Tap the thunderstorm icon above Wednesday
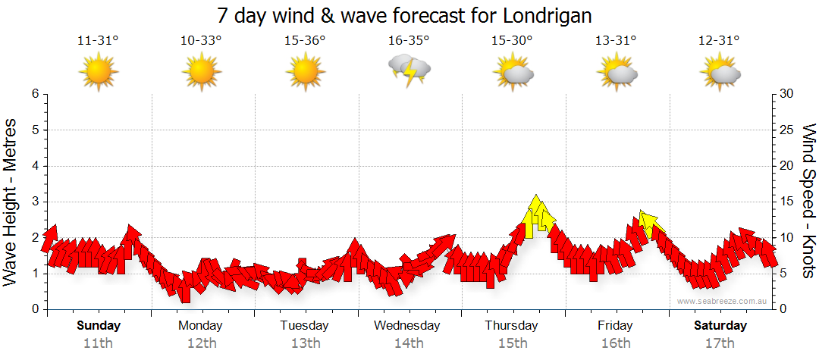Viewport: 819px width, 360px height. (x=409, y=70)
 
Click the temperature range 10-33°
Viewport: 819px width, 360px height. (x=201, y=41)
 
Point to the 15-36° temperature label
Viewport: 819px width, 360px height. (x=305, y=41)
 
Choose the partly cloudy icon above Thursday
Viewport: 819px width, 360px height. (x=513, y=72)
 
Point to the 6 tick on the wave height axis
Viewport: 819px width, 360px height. (x=35, y=94)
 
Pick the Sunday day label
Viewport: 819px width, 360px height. (x=98, y=326)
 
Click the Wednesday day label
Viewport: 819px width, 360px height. (x=407, y=326)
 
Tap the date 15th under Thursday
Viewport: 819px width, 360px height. (x=513, y=343)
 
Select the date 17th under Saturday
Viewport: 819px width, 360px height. (x=720, y=343)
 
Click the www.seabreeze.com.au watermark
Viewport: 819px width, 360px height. (x=722, y=301)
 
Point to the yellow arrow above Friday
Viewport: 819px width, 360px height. (x=649, y=223)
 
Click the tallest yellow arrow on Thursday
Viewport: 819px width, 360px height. (x=536, y=212)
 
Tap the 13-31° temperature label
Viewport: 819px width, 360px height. (x=616, y=41)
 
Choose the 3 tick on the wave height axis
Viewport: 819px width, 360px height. (x=35, y=202)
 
